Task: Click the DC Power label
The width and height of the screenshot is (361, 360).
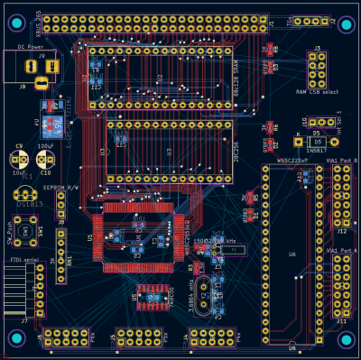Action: coord(30,46)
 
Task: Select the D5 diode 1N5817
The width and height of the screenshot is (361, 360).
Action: coord(316,142)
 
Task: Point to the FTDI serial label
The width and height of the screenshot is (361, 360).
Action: coord(23,260)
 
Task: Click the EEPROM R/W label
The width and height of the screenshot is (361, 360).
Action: coord(61,188)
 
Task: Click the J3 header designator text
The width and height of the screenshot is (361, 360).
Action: coord(317,47)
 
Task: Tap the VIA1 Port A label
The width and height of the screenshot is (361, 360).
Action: coord(341,249)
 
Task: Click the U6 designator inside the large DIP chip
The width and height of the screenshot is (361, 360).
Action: coord(292,254)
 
